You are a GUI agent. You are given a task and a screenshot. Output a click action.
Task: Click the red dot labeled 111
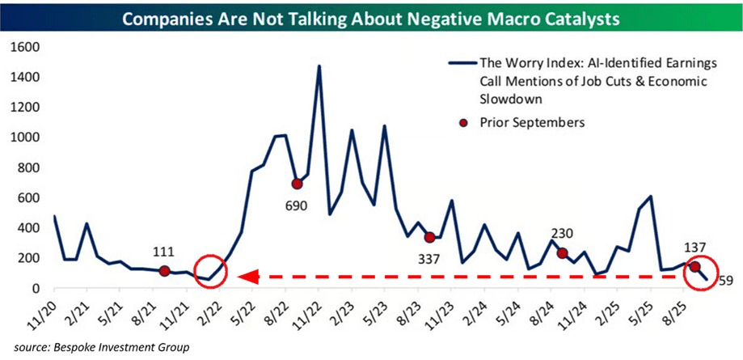pyautogui.click(x=164, y=272)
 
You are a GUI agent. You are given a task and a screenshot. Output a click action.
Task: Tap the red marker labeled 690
pyautogui.click(x=297, y=184)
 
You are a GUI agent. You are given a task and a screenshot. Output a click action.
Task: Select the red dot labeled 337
pyautogui.click(x=429, y=237)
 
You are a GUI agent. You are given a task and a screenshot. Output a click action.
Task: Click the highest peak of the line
pyautogui.click(x=319, y=66)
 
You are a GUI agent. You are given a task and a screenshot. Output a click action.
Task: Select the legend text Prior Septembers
pyautogui.click(x=528, y=122)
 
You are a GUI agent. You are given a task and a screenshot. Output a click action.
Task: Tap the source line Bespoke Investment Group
pyautogui.click(x=97, y=347)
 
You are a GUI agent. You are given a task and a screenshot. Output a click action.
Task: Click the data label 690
pyautogui.click(x=296, y=205)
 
